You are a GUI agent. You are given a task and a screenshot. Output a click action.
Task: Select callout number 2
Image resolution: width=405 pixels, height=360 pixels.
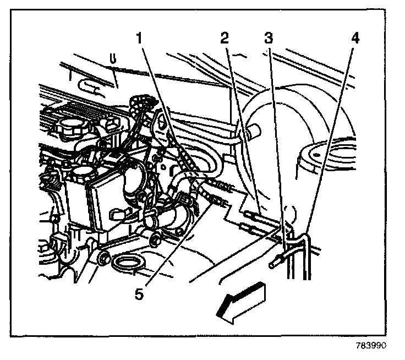point(224,39)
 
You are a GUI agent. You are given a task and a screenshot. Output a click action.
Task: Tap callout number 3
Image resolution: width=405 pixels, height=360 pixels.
point(269,39)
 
